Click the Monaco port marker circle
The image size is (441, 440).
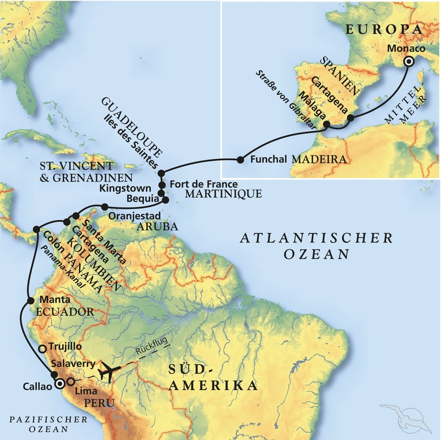[x=408, y=61]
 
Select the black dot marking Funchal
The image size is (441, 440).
[x=240, y=159]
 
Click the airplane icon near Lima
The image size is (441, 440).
[x=107, y=371]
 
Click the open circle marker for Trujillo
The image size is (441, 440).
[x=43, y=349]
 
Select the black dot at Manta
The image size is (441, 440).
[x=30, y=300]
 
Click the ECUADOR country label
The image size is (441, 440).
[x=64, y=311]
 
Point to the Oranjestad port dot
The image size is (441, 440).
[x=104, y=206]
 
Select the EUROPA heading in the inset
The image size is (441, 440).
[x=384, y=29]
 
